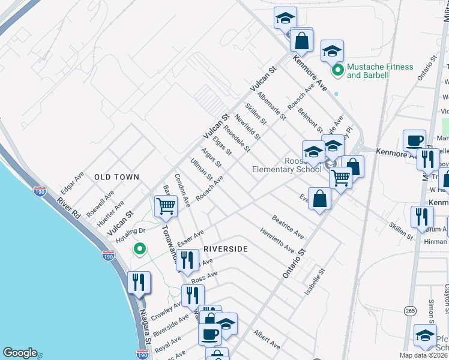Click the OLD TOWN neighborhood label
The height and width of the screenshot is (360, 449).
coord(116,178)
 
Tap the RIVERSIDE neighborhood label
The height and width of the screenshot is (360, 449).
coord(225,248)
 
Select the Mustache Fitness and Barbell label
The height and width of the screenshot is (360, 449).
coord(380,71)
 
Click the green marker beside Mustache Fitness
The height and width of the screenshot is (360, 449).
coord(337,71)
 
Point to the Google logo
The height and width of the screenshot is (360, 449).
coord(20,353)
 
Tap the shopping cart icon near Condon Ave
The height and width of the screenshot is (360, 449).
coord(165,206)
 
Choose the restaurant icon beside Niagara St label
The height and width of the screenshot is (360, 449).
coord(139,283)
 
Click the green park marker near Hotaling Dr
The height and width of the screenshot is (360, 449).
coord(140,248)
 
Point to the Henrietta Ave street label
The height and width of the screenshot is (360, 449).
coord(277,240)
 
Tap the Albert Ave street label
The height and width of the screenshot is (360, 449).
coord(267,340)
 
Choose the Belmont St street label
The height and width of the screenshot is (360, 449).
coord(310,119)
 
